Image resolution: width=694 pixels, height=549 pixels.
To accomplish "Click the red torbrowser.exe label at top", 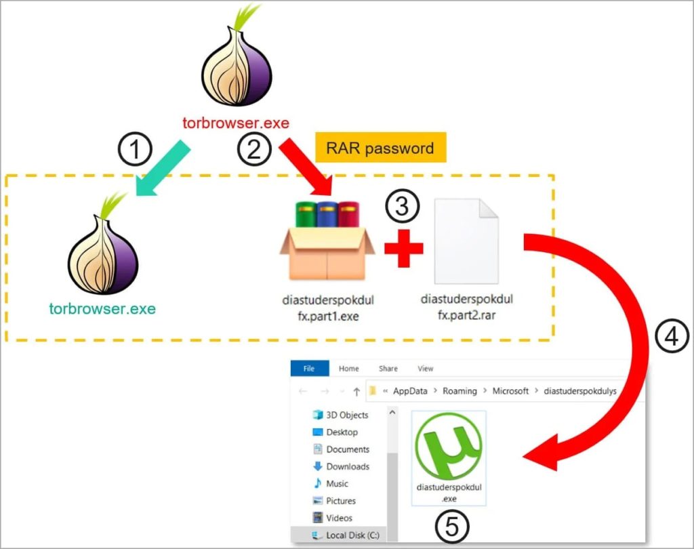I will click(236, 123).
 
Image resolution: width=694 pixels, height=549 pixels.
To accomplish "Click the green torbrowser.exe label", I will click(102, 309).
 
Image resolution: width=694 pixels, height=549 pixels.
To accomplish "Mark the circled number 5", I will click(449, 527).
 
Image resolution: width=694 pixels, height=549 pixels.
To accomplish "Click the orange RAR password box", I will click(380, 148).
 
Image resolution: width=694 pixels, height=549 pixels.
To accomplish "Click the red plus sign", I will click(404, 248).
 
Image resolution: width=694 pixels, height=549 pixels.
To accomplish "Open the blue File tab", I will click(309, 369).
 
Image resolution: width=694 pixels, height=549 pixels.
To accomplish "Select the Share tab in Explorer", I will click(388, 369).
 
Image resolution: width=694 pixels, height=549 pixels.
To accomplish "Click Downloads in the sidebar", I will click(347, 466).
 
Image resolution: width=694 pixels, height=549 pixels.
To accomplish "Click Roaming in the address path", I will click(460, 391).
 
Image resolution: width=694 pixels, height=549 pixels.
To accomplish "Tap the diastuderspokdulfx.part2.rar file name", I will click(466, 306).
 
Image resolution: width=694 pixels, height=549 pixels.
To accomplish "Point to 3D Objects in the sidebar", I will click(347, 415).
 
